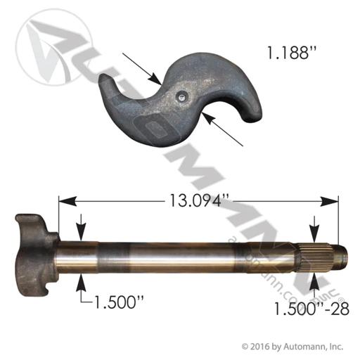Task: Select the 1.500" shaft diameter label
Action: pyautogui.click(x=118, y=302)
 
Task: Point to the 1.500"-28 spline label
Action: pyautogui.click(x=311, y=309)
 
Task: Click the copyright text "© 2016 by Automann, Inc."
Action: pyautogui.click(x=292, y=346)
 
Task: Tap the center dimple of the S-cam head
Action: pyautogui.click(x=181, y=97)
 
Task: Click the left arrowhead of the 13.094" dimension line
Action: pyautogui.click(x=67, y=202)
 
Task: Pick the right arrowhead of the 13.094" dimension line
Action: pyautogui.click(x=329, y=202)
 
